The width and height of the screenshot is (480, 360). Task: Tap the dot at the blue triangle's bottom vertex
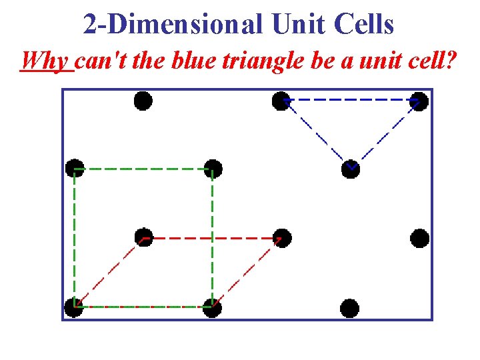point(350,169)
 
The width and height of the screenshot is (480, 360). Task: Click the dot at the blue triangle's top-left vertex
point(281,101)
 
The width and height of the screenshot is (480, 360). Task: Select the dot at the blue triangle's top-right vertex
point(419,101)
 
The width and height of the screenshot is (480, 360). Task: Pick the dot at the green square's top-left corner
point(74,169)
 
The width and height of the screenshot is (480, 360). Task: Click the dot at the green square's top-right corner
point(212,169)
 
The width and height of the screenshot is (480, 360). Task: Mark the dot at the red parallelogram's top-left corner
point(143,237)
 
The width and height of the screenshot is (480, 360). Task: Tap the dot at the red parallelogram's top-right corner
point(281,237)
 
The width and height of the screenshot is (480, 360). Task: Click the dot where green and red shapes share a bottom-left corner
point(74,307)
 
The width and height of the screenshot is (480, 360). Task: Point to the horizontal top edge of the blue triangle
point(350,100)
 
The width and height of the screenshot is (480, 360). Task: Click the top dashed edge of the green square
point(143,169)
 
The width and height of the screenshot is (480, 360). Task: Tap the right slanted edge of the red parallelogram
point(247,272)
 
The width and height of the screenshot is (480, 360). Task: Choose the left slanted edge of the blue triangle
point(315,135)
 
